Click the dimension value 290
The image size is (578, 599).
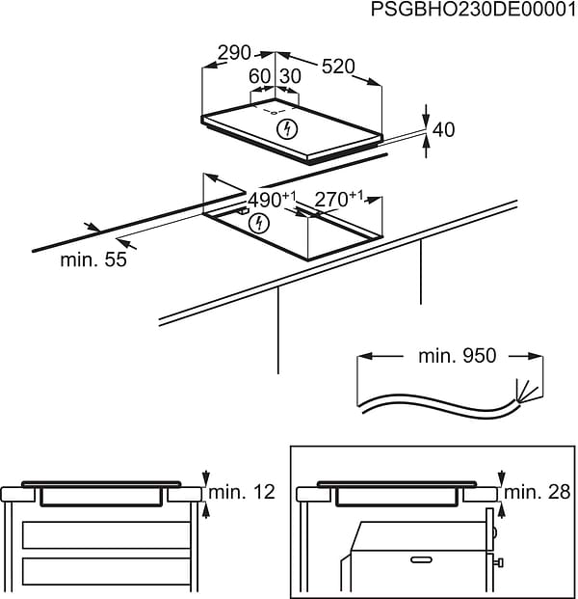coord(233,53)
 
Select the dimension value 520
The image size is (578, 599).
coord(338,67)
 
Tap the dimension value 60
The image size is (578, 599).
coord(259,76)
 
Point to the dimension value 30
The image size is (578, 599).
coord(290,76)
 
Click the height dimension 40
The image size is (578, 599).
coord(443,129)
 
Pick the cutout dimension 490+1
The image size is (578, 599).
coord(273,201)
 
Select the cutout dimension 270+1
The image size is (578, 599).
coord(338,199)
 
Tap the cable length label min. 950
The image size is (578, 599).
coord(457,356)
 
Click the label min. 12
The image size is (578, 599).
coord(246,493)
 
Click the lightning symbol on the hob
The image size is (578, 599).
coord(285,129)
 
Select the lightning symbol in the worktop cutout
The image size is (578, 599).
coord(257,225)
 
